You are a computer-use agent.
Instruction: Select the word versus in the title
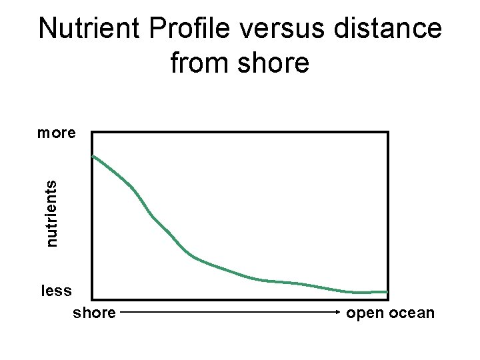tap(271, 29)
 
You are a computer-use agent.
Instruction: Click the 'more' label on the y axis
tap(56, 133)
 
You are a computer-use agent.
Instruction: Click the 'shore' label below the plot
tap(93, 312)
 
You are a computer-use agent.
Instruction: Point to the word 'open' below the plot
tap(365, 312)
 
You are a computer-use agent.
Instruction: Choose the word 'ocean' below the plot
tap(413, 312)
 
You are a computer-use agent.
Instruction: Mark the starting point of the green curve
tap(93, 156)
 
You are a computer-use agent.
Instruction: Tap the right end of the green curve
tap(387, 291)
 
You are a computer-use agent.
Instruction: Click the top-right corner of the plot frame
tap(388, 133)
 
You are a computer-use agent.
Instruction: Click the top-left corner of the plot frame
tap(92, 133)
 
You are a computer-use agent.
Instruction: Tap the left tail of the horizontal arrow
tap(123, 311)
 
